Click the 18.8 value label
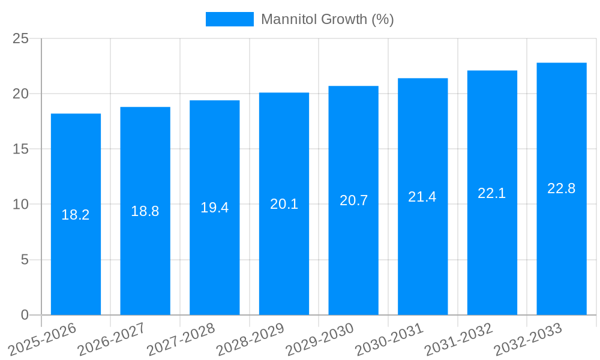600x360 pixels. pyautogui.click(x=145, y=211)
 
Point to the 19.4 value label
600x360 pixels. pyautogui.click(x=214, y=208)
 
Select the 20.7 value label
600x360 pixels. pyautogui.click(x=353, y=200)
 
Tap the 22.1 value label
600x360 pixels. pyautogui.click(x=492, y=193)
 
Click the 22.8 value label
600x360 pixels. pyautogui.click(x=562, y=188)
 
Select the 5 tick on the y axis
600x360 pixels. pyautogui.click(x=25, y=260)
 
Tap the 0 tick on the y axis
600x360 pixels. pyautogui.click(x=25, y=315)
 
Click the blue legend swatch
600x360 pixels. pyautogui.click(x=229, y=19)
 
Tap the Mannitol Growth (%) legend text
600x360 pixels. pyautogui.click(x=327, y=19)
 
